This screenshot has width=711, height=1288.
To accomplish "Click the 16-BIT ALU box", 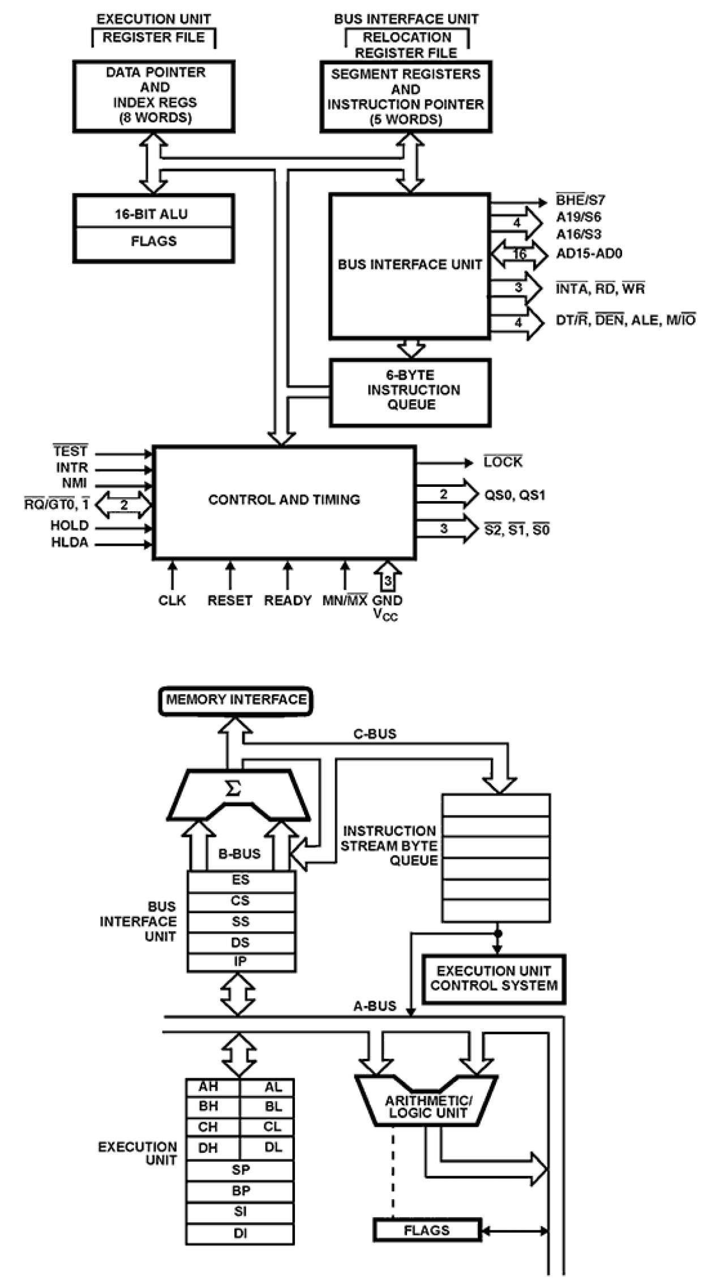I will tap(153, 214).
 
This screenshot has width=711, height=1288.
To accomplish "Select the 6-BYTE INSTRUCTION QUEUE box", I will tap(410, 391).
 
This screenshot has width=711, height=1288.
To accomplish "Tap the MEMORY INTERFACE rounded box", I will tap(236, 700).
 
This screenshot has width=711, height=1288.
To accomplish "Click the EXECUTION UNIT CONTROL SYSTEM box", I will tap(494, 979).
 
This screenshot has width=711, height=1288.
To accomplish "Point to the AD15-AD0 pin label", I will tap(589, 254).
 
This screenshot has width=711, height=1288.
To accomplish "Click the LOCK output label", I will tap(503, 463).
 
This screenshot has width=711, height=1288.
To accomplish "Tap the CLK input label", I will tap(172, 601).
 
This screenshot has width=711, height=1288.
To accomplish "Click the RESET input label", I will tap(229, 601).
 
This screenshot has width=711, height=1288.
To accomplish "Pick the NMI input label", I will tap(74, 484).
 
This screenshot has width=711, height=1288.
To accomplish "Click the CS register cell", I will tap(241, 901).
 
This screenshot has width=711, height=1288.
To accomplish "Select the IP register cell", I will tap(241, 961).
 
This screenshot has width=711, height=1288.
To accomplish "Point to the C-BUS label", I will tap(375, 734).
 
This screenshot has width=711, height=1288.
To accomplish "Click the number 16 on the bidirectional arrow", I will tap(520, 255).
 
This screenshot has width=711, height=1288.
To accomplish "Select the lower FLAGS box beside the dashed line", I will tap(427, 1230).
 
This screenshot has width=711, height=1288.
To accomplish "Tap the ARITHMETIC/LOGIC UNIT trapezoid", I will tap(427, 1107).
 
